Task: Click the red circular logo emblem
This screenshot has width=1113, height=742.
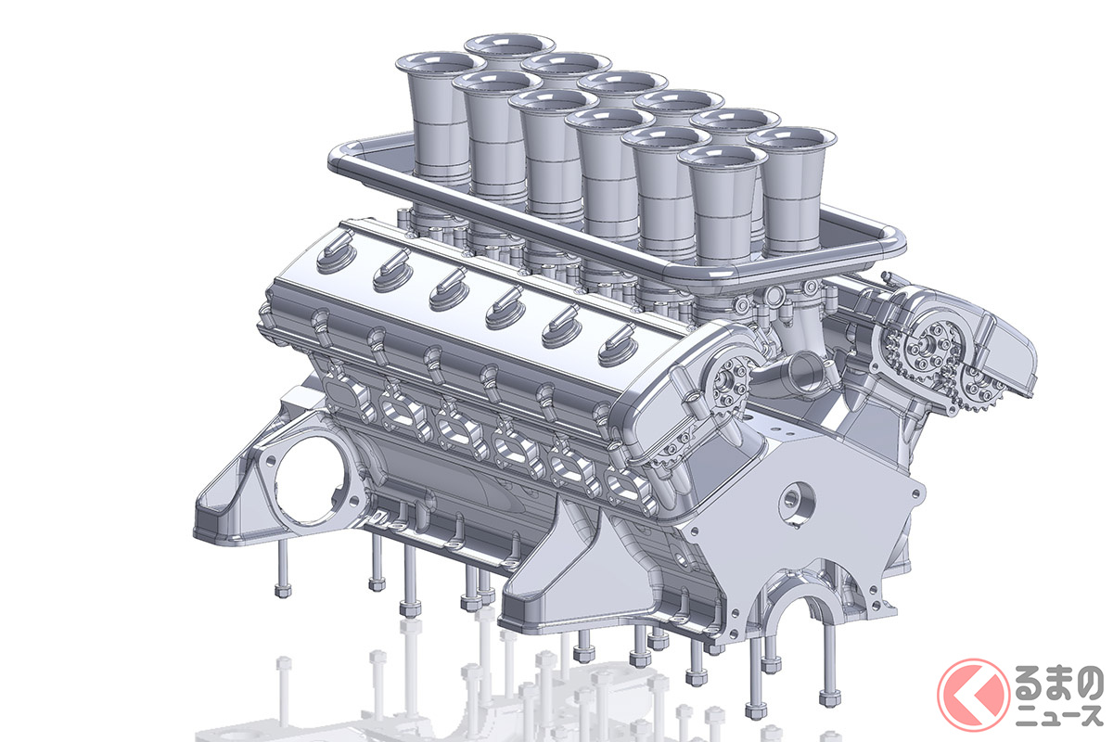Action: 973,695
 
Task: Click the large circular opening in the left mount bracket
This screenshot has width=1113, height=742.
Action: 309,481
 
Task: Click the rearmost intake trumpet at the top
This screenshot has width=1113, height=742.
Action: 510,45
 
